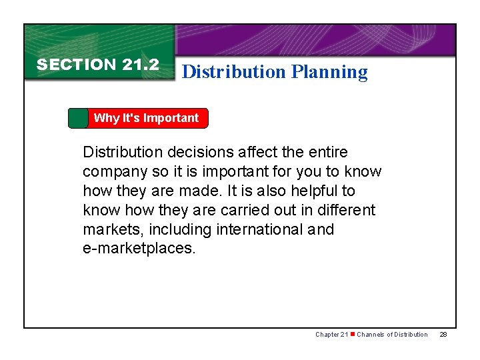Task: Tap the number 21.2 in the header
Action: (x=141, y=65)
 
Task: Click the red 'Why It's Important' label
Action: (x=147, y=118)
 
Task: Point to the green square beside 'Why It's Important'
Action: (x=78, y=118)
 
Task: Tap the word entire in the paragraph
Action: (x=326, y=153)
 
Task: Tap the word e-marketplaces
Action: (x=139, y=249)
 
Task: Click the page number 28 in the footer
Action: (x=444, y=334)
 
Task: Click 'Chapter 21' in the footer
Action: (x=331, y=334)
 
